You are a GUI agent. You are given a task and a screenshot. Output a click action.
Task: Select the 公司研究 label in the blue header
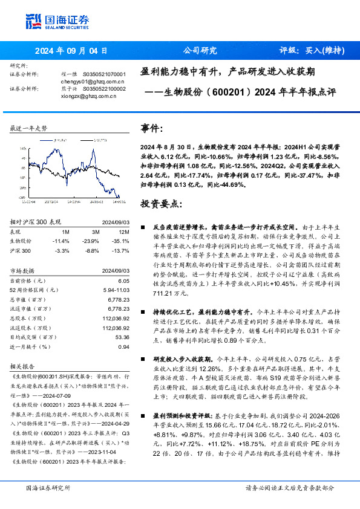click(200, 51)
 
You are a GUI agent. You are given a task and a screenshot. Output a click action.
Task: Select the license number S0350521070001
click(104, 73)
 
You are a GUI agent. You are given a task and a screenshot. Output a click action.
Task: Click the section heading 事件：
click(151, 129)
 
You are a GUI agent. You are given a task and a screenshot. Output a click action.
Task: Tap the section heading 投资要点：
click(160, 204)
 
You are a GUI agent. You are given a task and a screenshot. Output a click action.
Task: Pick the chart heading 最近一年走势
click(29, 128)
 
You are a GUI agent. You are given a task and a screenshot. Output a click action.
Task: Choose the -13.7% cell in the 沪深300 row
click(122, 250)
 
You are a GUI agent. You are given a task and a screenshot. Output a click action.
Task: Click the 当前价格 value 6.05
click(123, 281)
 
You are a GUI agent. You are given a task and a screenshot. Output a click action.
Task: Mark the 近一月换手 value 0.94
click(123, 346)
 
